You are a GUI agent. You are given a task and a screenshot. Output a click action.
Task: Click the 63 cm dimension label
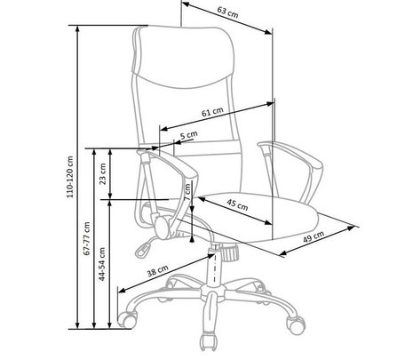[x=227, y=12]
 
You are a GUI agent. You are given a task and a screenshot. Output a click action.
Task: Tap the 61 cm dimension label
[x=212, y=112]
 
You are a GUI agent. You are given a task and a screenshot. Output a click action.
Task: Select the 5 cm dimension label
[x=189, y=135]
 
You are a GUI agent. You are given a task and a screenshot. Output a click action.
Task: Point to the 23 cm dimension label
[x=102, y=173]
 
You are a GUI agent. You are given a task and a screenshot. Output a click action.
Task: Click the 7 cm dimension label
[x=187, y=192]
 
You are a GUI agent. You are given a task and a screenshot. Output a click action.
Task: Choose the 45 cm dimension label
[x=237, y=204]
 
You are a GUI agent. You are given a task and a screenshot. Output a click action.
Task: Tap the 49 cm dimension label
[x=314, y=236]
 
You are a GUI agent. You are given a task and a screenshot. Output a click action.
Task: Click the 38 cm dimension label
[x=157, y=271]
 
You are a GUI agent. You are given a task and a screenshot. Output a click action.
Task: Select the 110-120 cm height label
[x=70, y=177]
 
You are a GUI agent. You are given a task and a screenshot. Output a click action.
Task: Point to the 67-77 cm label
[x=87, y=238]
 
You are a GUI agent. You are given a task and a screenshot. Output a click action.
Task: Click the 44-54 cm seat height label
[x=102, y=264]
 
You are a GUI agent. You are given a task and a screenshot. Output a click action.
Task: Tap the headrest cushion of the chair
[x=184, y=56]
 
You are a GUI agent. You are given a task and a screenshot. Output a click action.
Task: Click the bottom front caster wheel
[x=208, y=342]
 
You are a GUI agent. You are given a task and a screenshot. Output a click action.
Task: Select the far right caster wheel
[x=296, y=325]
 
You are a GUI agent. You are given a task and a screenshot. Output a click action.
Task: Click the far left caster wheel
[x=128, y=319]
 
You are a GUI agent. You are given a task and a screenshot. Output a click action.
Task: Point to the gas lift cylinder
[x=214, y=266]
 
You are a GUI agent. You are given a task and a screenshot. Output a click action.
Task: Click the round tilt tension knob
[x=230, y=252]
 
